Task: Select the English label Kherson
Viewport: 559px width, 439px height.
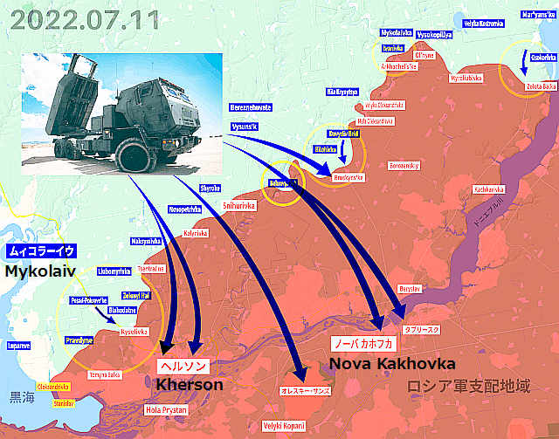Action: click(x=189, y=384)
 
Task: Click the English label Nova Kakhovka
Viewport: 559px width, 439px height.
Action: click(x=391, y=362)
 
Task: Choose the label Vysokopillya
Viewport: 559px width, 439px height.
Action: click(x=434, y=36)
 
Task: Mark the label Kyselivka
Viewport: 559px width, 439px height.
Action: click(x=135, y=331)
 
